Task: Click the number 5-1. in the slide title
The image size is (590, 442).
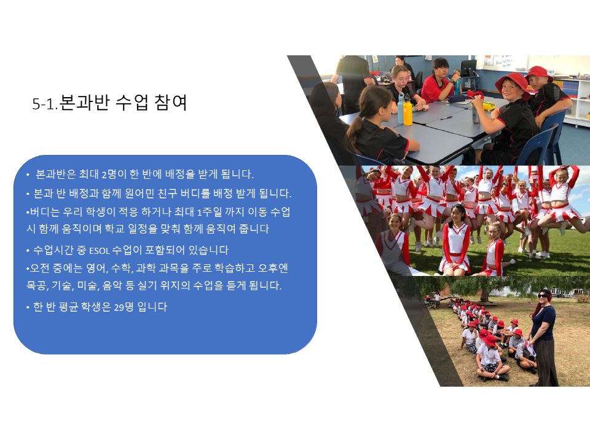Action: [45, 104]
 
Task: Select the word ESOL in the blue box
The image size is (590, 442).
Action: [100, 251]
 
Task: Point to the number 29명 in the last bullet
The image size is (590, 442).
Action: [124, 307]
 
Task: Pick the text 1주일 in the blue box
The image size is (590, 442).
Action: [209, 212]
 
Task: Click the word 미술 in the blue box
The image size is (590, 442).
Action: [88, 286]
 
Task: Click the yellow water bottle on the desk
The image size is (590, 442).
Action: [407, 112]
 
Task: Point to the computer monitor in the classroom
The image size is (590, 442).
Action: [468, 68]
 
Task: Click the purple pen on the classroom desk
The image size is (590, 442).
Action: [446, 118]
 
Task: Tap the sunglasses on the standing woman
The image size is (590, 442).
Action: [543, 296]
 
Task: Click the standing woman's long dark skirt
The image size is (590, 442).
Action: [546, 362]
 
